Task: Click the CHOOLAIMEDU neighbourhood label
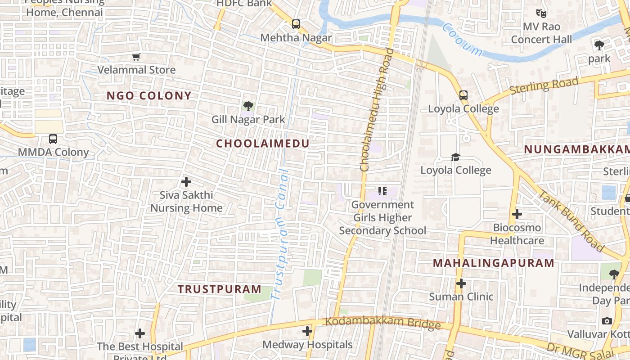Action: click(x=263, y=144)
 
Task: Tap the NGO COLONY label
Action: click(x=149, y=95)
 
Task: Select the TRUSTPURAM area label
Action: click(x=219, y=289)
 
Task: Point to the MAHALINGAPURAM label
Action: click(x=494, y=263)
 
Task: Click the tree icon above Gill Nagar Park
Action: click(x=248, y=106)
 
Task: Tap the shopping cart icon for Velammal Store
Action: click(x=136, y=57)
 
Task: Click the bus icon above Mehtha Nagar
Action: click(x=296, y=24)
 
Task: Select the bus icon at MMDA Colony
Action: click(x=53, y=139)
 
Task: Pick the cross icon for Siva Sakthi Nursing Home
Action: click(x=186, y=182)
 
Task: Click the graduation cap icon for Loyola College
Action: click(x=456, y=157)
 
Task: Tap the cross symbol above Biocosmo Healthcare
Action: click(x=517, y=214)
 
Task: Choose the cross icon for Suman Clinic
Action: click(x=461, y=283)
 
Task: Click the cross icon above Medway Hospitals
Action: click(x=307, y=331)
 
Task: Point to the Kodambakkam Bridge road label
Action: click(x=382, y=323)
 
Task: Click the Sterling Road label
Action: click(x=544, y=86)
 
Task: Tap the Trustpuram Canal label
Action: click(x=281, y=234)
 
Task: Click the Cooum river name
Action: click(x=462, y=40)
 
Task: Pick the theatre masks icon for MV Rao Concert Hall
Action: click(x=541, y=13)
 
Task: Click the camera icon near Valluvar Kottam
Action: click(x=607, y=321)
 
